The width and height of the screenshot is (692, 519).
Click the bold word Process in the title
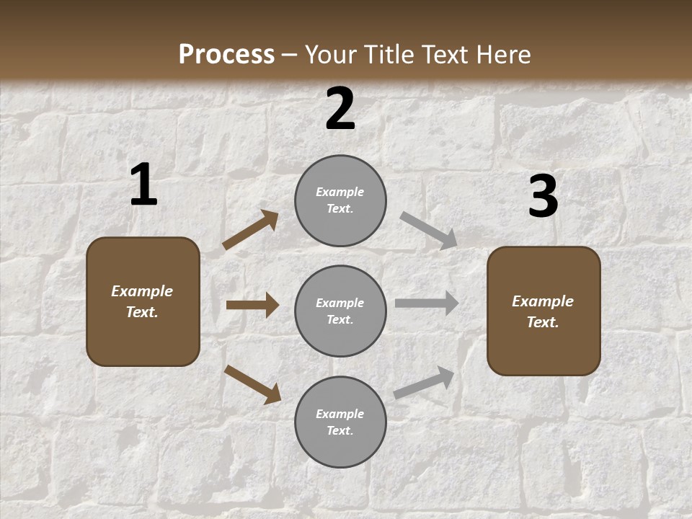(x=226, y=55)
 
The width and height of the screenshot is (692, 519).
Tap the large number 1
(x=143, y=185)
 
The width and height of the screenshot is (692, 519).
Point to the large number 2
(x=340, y=110)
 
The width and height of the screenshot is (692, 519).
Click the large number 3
(x=543, y=197)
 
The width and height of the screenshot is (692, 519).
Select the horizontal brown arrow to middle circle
(x=252, y=305)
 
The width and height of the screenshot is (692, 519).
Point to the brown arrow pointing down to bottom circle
(x=252, y=384)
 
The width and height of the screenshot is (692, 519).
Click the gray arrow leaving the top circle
(x=429, y=231)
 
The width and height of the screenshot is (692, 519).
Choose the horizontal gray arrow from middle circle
(x=427, y=303)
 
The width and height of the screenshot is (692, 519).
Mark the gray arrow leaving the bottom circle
(x=424, y=383)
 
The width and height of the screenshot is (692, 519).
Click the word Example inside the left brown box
(x=142, y=291)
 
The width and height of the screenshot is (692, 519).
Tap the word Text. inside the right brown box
(x=543, y=322)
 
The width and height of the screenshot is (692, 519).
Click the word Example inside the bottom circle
(x=340, y=414)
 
